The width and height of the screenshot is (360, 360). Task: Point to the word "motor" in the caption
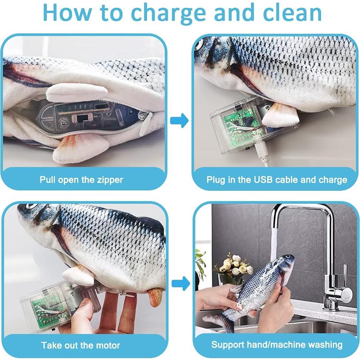(108, 345)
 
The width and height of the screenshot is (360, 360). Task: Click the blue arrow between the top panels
(179, 120)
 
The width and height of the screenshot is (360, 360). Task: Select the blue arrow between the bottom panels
(181, 284)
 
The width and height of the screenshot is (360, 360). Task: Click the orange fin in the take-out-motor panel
(155, 298)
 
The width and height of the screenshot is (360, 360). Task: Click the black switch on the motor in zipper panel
(81, 119)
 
